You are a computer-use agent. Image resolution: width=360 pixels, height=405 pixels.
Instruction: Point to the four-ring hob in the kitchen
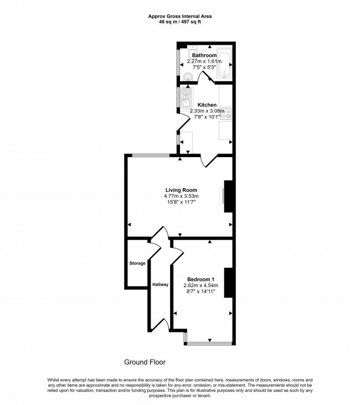(228, 115)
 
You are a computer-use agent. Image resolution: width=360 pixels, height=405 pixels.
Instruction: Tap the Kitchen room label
(207, 105)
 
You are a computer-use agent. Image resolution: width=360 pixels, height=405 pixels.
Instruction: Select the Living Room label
(181, 190)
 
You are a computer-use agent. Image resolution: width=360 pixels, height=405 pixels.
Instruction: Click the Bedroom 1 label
(200, 278)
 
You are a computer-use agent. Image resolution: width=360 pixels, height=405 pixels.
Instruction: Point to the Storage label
(137, 263)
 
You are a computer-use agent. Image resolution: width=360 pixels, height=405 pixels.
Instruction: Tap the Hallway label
(160, 284)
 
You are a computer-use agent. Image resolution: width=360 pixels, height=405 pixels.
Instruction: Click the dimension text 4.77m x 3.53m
(181, 196)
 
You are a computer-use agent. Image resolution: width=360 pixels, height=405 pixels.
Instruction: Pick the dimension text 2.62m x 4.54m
(200, 285)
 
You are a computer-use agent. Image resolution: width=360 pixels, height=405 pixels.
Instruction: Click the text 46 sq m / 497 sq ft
(180, 23)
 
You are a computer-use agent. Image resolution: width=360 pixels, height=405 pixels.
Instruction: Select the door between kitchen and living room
(208, 161)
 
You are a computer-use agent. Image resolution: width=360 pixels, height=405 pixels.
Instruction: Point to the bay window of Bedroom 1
(208, 344)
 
